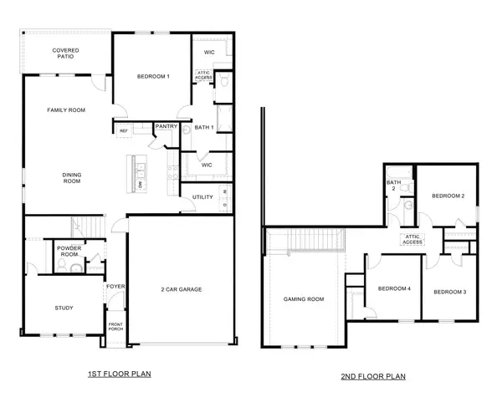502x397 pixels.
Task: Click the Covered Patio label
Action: pos(66,54)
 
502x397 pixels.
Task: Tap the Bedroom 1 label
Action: pos(153,77)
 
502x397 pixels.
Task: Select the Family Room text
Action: pos(66,109)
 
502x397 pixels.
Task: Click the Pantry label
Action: pos(166,127)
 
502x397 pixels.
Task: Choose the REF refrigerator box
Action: pos(124,130)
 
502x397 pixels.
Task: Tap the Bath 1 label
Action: pos(205,127)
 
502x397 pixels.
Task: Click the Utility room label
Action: pos(202,197)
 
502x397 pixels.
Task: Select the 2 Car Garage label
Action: pos(182,289)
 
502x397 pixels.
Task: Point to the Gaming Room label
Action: pos(304,298)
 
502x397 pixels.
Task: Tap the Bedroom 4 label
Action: pos(394,289)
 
